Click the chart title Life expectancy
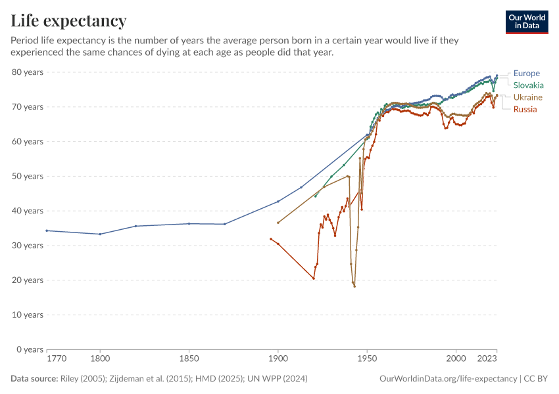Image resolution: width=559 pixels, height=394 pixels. pos(69,21)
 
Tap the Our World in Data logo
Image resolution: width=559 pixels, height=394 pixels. pos(526,22)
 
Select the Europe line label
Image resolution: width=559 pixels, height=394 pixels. pos(526,74)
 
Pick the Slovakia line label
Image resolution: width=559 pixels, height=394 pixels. pos(528,85)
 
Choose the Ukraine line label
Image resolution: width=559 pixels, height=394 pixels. pos(527,97)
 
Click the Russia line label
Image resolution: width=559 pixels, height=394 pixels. pos(525,109)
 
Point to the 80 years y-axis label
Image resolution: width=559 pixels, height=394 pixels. pos(28,72)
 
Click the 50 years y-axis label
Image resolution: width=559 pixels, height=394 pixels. pos(28,176)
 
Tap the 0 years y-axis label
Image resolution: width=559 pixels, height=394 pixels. pos(30,349)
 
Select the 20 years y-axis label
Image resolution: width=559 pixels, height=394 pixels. pos(28,280)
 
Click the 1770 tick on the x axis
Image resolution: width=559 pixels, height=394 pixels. pos(57,359)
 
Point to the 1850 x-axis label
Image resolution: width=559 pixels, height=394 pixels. pos(189,359)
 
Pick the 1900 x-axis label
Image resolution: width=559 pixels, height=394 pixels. pos(278,359)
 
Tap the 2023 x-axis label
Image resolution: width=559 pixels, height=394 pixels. pos(487,359)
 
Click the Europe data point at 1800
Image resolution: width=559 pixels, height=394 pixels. pos(100,234)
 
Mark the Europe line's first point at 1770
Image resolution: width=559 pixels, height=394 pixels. pos(47,230)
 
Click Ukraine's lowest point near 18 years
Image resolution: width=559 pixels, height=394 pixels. pos(354,286)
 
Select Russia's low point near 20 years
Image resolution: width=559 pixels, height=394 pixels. pos(314,278)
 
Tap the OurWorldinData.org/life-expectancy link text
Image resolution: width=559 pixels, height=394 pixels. pos(449,379)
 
